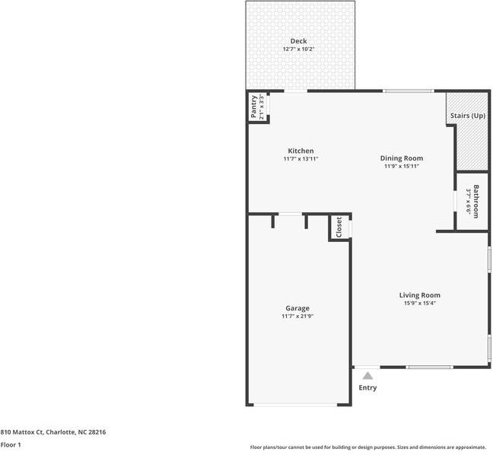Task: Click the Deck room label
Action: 298,41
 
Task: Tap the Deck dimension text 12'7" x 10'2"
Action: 298,49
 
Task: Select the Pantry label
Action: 253,107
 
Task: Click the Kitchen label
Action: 300,151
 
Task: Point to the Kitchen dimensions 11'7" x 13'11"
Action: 300,159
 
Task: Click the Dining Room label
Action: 400,158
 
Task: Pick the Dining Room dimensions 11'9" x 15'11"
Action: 400,166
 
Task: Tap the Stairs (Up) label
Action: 467,116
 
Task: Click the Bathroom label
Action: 476,202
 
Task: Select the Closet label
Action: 339,227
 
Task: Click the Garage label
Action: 297,308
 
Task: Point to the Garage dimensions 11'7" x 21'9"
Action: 297,316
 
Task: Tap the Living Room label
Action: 419,295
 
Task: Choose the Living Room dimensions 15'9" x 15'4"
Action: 419,303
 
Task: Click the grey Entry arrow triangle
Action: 367,375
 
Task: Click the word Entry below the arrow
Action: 367,388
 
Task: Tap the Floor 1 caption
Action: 11,444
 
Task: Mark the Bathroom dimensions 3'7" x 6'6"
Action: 469,202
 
